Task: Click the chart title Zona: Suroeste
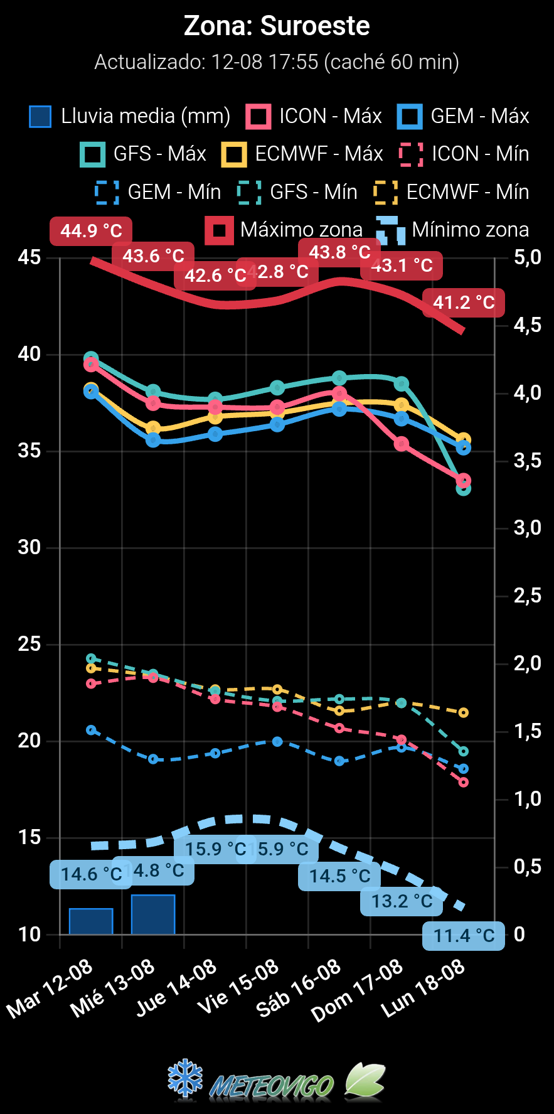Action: coord(277,26)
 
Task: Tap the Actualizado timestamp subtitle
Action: coord(277,62)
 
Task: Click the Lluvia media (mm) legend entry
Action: coord(130,116)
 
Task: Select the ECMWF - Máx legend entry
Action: coord(302,154)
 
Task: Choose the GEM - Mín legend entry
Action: coord(157,192)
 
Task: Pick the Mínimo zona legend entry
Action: coord(453,230)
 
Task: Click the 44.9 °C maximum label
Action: coord(91,231)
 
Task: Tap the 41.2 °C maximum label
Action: coord(464,303)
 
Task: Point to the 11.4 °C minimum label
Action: coord(464,936)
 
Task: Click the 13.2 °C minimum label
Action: coord(402,901)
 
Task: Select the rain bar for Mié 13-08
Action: coord(153,914)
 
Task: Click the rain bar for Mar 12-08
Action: coord(91,921)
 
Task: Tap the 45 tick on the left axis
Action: coord(29,257)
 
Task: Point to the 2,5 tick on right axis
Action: coord(527,596)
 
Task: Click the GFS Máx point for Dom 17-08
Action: coord(402,383)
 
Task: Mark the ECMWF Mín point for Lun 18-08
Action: coord(464,712)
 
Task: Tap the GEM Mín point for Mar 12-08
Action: coord(91,730)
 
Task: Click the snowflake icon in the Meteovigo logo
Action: coord(186,1079)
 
